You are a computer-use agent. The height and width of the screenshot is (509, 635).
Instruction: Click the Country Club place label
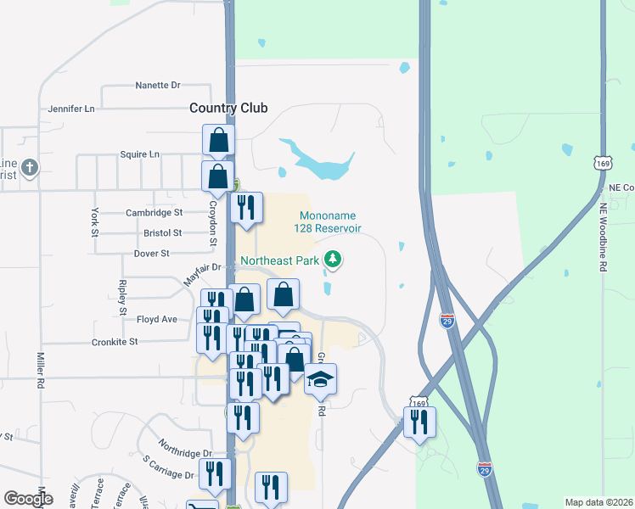[x=228, y=108]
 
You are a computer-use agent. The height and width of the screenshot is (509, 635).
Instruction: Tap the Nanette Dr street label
[x=159, y=86]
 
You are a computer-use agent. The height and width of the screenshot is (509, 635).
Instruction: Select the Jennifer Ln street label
[x=71, y=109]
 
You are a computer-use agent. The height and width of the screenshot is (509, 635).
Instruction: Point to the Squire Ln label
[x=139, y=155]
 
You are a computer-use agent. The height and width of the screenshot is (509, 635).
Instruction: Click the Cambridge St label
[x=155, y=213]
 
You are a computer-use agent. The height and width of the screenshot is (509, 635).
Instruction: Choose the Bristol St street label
[x=163, y=232]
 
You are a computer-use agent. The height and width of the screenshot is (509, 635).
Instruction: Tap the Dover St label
[x=152, y=254]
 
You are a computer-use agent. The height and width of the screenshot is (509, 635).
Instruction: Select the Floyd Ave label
[x=157, y=320]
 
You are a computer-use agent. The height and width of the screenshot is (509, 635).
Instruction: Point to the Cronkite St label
[x=115, y=342]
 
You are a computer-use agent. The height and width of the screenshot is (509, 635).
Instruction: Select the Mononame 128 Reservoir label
[x=328, y=222]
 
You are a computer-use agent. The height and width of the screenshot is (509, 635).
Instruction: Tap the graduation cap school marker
[x=321, y=379]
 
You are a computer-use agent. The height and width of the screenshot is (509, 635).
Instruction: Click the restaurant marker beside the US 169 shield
[x=419, y=422]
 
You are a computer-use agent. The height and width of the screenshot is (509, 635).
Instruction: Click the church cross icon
[x=30, y=166]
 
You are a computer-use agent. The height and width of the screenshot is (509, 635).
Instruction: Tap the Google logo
[x=28, y=499]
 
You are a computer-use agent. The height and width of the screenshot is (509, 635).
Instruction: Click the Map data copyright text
[x=598, y=502]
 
